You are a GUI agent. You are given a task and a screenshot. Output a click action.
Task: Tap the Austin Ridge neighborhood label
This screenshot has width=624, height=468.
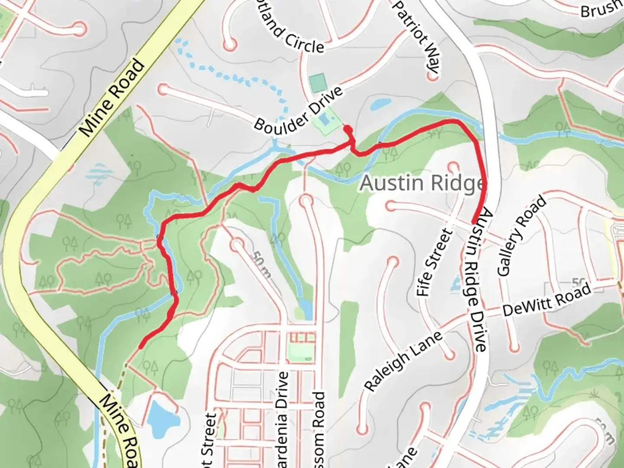(x=421, y=183)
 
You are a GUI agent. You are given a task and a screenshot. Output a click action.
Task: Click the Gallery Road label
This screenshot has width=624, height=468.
(x=522, y=237)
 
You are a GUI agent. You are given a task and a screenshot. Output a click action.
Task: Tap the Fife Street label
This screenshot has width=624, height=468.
(x=434, y=263)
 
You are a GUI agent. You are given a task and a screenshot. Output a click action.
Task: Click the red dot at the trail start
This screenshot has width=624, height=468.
(x=347, y=128)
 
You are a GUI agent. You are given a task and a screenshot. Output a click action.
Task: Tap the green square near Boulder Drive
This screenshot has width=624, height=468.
(x=318, y=82)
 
